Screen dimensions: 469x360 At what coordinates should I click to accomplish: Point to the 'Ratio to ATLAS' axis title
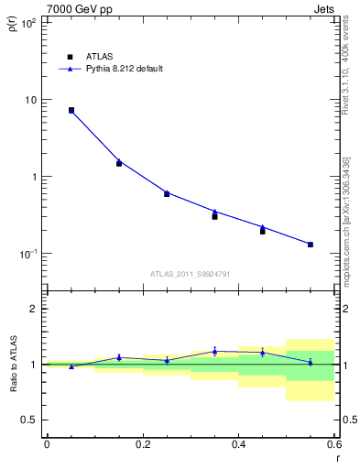point(13,365)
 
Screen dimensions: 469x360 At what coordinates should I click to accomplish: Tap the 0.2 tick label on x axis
point(142,444)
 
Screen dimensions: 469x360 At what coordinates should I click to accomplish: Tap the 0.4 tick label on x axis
point(238,444)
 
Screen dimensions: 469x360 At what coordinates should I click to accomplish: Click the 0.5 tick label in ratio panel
point(29,420)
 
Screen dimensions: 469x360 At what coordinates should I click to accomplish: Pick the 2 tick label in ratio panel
point(35,309)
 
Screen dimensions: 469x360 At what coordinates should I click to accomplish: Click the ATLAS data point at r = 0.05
point(71,110)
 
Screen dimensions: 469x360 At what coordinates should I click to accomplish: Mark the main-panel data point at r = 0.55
point(311,245)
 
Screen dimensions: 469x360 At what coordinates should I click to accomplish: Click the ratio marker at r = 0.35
point(214,351)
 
